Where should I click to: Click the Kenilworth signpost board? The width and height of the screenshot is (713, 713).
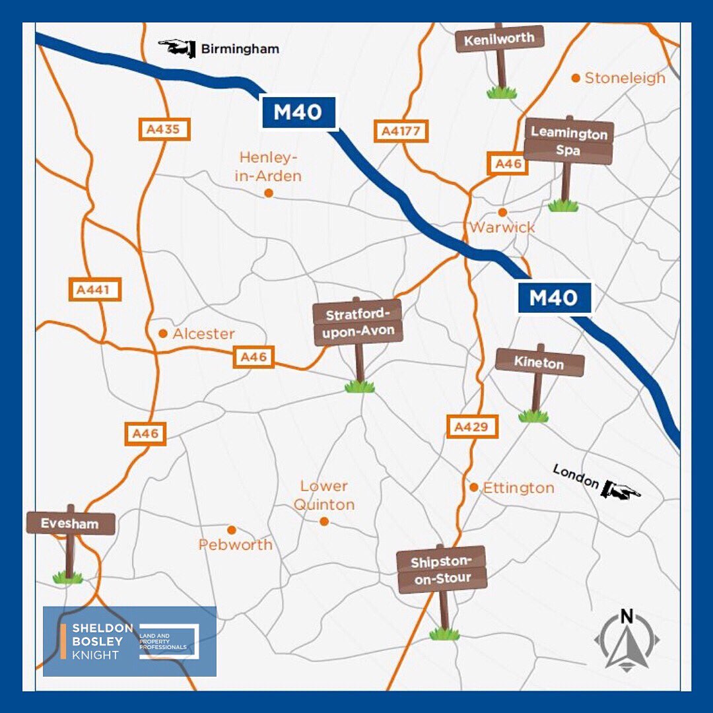click(500, 39)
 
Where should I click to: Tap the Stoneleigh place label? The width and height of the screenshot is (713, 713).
click(625, 78)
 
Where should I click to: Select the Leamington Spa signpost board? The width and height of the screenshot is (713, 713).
click(569, 141)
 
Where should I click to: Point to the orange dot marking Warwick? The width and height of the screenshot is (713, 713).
click(502, 213)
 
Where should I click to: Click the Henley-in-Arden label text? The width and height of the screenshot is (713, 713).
click(269, 166)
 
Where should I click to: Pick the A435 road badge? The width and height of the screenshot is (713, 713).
click(164, 129)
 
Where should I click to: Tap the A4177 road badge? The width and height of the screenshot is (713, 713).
click(401, 131)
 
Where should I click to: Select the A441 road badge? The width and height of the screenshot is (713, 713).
click(95, 290)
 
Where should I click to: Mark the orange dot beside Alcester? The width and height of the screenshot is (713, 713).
click(163, 333)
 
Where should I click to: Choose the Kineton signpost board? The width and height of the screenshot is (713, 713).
click(540, 363)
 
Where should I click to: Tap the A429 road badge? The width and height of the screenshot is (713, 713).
click(471, 427)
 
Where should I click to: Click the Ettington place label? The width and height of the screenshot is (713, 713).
click(519, 488)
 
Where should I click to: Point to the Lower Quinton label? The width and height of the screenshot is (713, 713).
click(324, 495)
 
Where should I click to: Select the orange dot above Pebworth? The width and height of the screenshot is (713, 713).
click(232, 529)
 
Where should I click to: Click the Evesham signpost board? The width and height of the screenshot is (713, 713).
click(71, 524)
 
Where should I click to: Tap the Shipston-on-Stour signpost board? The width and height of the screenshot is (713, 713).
click(442, 570)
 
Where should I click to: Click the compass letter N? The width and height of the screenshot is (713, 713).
click(627, 618)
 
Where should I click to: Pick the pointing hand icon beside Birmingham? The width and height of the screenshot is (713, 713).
click(177, 48)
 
